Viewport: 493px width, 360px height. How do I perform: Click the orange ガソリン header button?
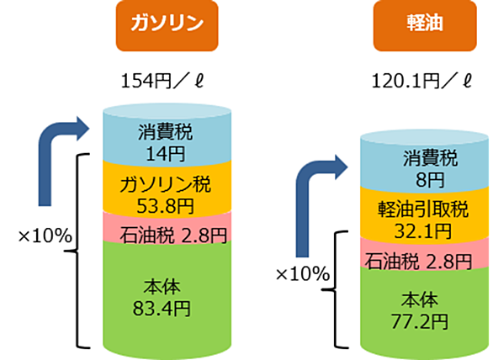(x=167, y=26)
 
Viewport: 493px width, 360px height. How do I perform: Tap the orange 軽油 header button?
(x=425, y=26)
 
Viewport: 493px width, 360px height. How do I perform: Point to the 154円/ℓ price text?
(x=162, y=82)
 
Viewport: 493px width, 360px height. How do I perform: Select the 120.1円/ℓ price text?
(x=421, y=82)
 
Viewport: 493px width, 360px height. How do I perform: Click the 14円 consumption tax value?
(x=166, y=154)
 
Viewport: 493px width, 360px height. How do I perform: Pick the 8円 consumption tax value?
(x=430, y=180)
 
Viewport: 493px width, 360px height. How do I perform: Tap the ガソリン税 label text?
(x=166, y=184)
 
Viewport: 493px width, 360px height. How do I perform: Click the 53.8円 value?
(x=166, y=206)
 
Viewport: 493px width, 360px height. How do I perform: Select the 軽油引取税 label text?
(x=423, y=209)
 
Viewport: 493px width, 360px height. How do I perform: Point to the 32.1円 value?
(x=423, y=231)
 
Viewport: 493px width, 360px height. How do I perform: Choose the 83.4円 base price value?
(x=162, y=309)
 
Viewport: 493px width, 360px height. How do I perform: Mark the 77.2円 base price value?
(x=420, y=321)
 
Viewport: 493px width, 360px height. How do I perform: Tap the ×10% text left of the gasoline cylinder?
(x=45, y=236)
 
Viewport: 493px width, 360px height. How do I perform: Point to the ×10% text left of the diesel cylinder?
(x=303, y=274)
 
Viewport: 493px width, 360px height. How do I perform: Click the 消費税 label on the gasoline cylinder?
(x=166, y=132)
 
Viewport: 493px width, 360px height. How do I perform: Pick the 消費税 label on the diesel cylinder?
(x=430, y=158)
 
